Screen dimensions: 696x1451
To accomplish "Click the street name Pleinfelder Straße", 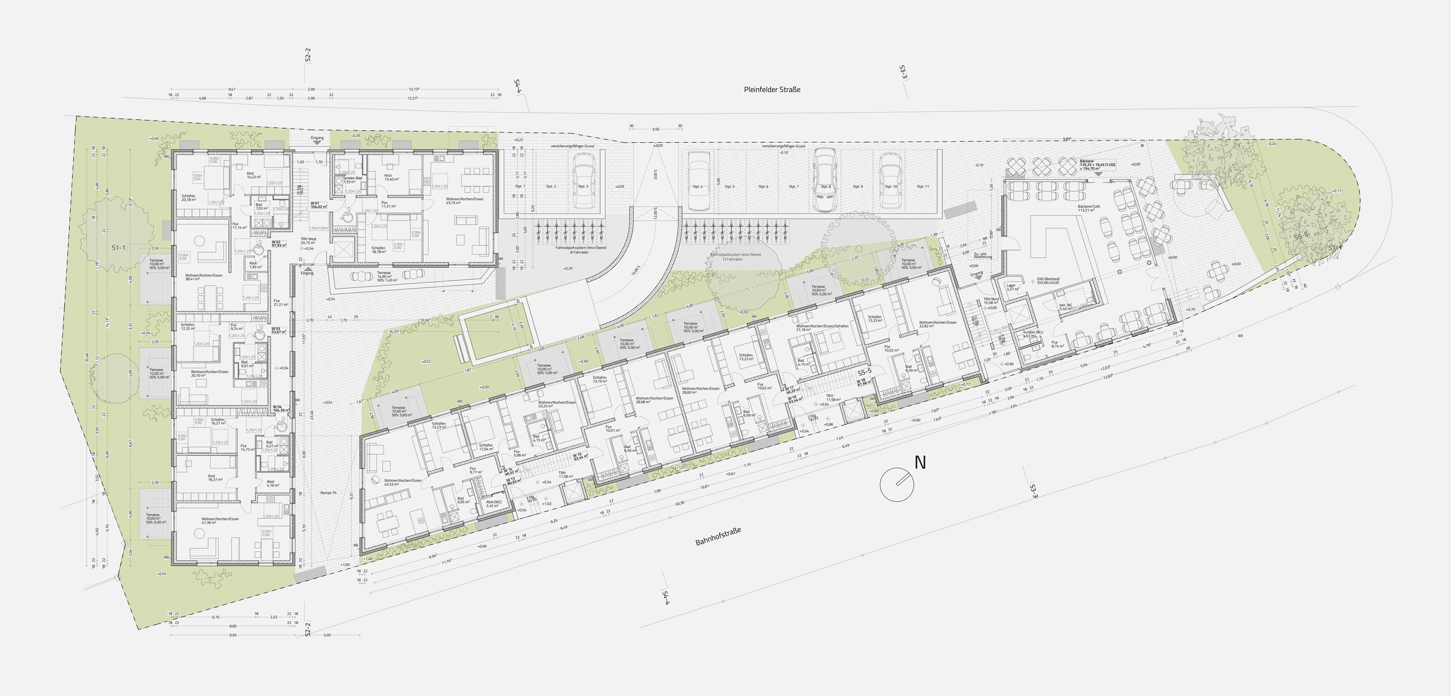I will [771, 89].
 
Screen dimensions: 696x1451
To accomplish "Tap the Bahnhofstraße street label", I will [718, 536].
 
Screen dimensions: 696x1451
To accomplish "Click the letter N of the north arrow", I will [920, 463].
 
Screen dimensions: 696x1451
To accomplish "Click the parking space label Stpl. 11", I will [923, 186].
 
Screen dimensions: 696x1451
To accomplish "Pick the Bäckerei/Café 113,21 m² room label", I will [1089, 209].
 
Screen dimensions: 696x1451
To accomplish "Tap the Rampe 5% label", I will [328, 493].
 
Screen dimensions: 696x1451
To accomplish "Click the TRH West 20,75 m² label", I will [308, 241].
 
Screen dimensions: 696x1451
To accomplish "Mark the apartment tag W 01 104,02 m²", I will [319, 205].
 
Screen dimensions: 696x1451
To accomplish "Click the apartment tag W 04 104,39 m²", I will [281, 409].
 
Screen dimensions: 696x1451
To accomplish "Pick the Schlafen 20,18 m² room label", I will [188, 198].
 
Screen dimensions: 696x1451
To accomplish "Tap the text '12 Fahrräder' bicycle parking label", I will [733, 259].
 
